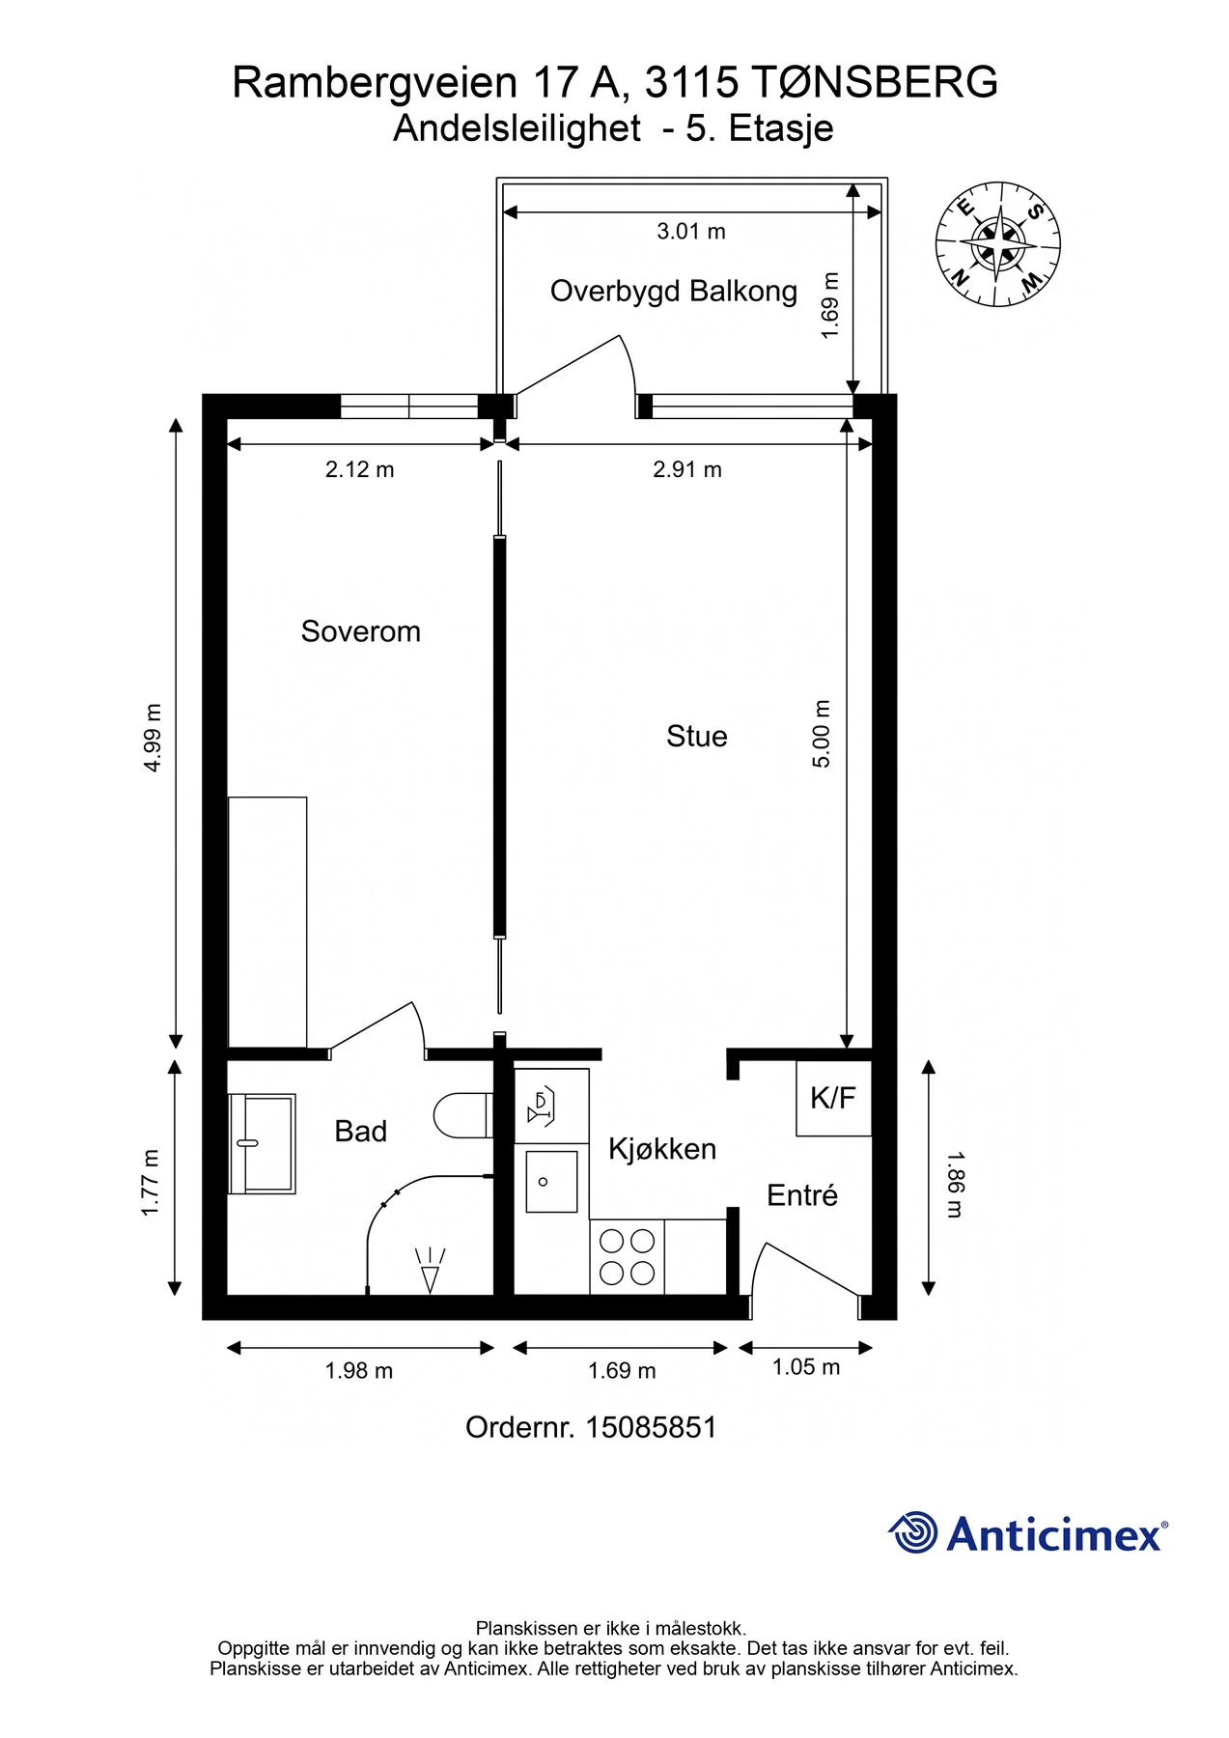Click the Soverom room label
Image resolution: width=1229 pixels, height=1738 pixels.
click(x=360, y=631)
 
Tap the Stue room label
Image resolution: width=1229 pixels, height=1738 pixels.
click(x=696, y=737)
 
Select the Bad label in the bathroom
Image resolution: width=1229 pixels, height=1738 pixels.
click(x=360, y=1131)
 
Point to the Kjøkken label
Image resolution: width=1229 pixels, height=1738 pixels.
click(x=662, y=1149)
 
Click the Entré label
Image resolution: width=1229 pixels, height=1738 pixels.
click(x=801, y=1195)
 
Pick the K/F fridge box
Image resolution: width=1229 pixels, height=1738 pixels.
click(x=833, y=1098)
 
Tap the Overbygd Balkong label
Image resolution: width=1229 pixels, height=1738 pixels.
click(x=674, y=292)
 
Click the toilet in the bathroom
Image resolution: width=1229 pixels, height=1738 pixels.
click(x=463, y=1115)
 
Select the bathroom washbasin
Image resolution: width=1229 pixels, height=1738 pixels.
click(x=262, y=1144)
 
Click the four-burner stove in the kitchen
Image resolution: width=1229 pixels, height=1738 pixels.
click(x=628, y=1257)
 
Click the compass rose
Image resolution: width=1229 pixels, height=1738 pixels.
click(x=998, y=244)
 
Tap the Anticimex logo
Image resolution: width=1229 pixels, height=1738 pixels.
click(x=1028, y=1532)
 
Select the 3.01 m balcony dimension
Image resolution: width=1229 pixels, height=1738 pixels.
click(x=691, y=232)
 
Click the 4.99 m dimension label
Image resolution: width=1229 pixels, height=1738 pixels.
click(x=153, y=738)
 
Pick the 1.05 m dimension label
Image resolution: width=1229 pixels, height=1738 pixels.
click(x=806, y=1367)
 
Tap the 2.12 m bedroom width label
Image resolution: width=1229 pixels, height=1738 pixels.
click(x=360, y=469)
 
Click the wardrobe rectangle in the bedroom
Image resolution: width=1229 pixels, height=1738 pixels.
click(x=267, y=922)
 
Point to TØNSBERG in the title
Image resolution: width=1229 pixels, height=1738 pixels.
click(x=874, y=82)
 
